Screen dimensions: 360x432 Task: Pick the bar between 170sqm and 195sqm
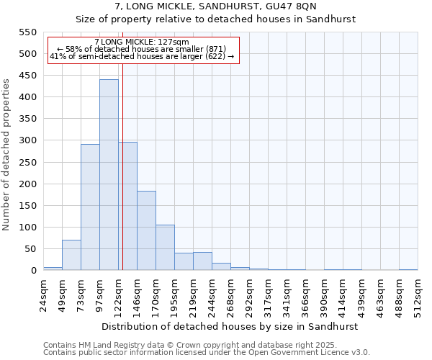[x=165, y=248]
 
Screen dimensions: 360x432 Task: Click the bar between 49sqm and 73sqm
[x=71, y=255]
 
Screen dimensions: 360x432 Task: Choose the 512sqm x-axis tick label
[x=418, y=294]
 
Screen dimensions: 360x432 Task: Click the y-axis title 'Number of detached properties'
[x=7, y=155]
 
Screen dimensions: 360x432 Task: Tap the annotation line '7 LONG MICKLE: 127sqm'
[x=142, y=42]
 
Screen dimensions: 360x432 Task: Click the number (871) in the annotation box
[x=215, y=49]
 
